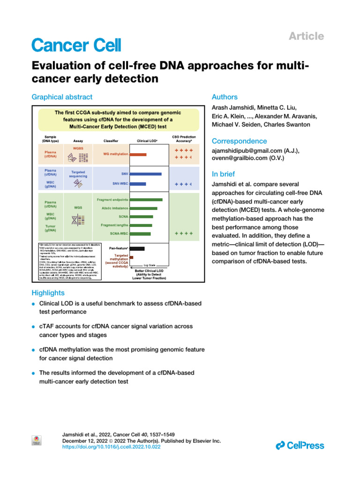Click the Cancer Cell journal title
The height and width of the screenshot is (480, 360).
(x=76, y=45)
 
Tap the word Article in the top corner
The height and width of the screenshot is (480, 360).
(x=307, y=36)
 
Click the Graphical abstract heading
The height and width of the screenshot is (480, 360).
(x=62, y=97)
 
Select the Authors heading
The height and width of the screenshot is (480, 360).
(x=225, y=97)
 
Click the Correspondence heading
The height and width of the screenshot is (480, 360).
(x=240, y=141)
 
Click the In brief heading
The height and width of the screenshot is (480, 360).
(x=225, y=173)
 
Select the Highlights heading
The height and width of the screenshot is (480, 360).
(x=48, y=293)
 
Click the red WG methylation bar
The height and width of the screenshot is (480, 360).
(x=138, y=154)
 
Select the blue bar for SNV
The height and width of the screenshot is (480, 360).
(x=145, y=174)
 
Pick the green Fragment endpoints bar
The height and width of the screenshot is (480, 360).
(x=146, y=200)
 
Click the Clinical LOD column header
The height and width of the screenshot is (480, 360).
(x=147, y=140)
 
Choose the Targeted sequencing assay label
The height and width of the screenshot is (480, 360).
(x=78, y=174)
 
